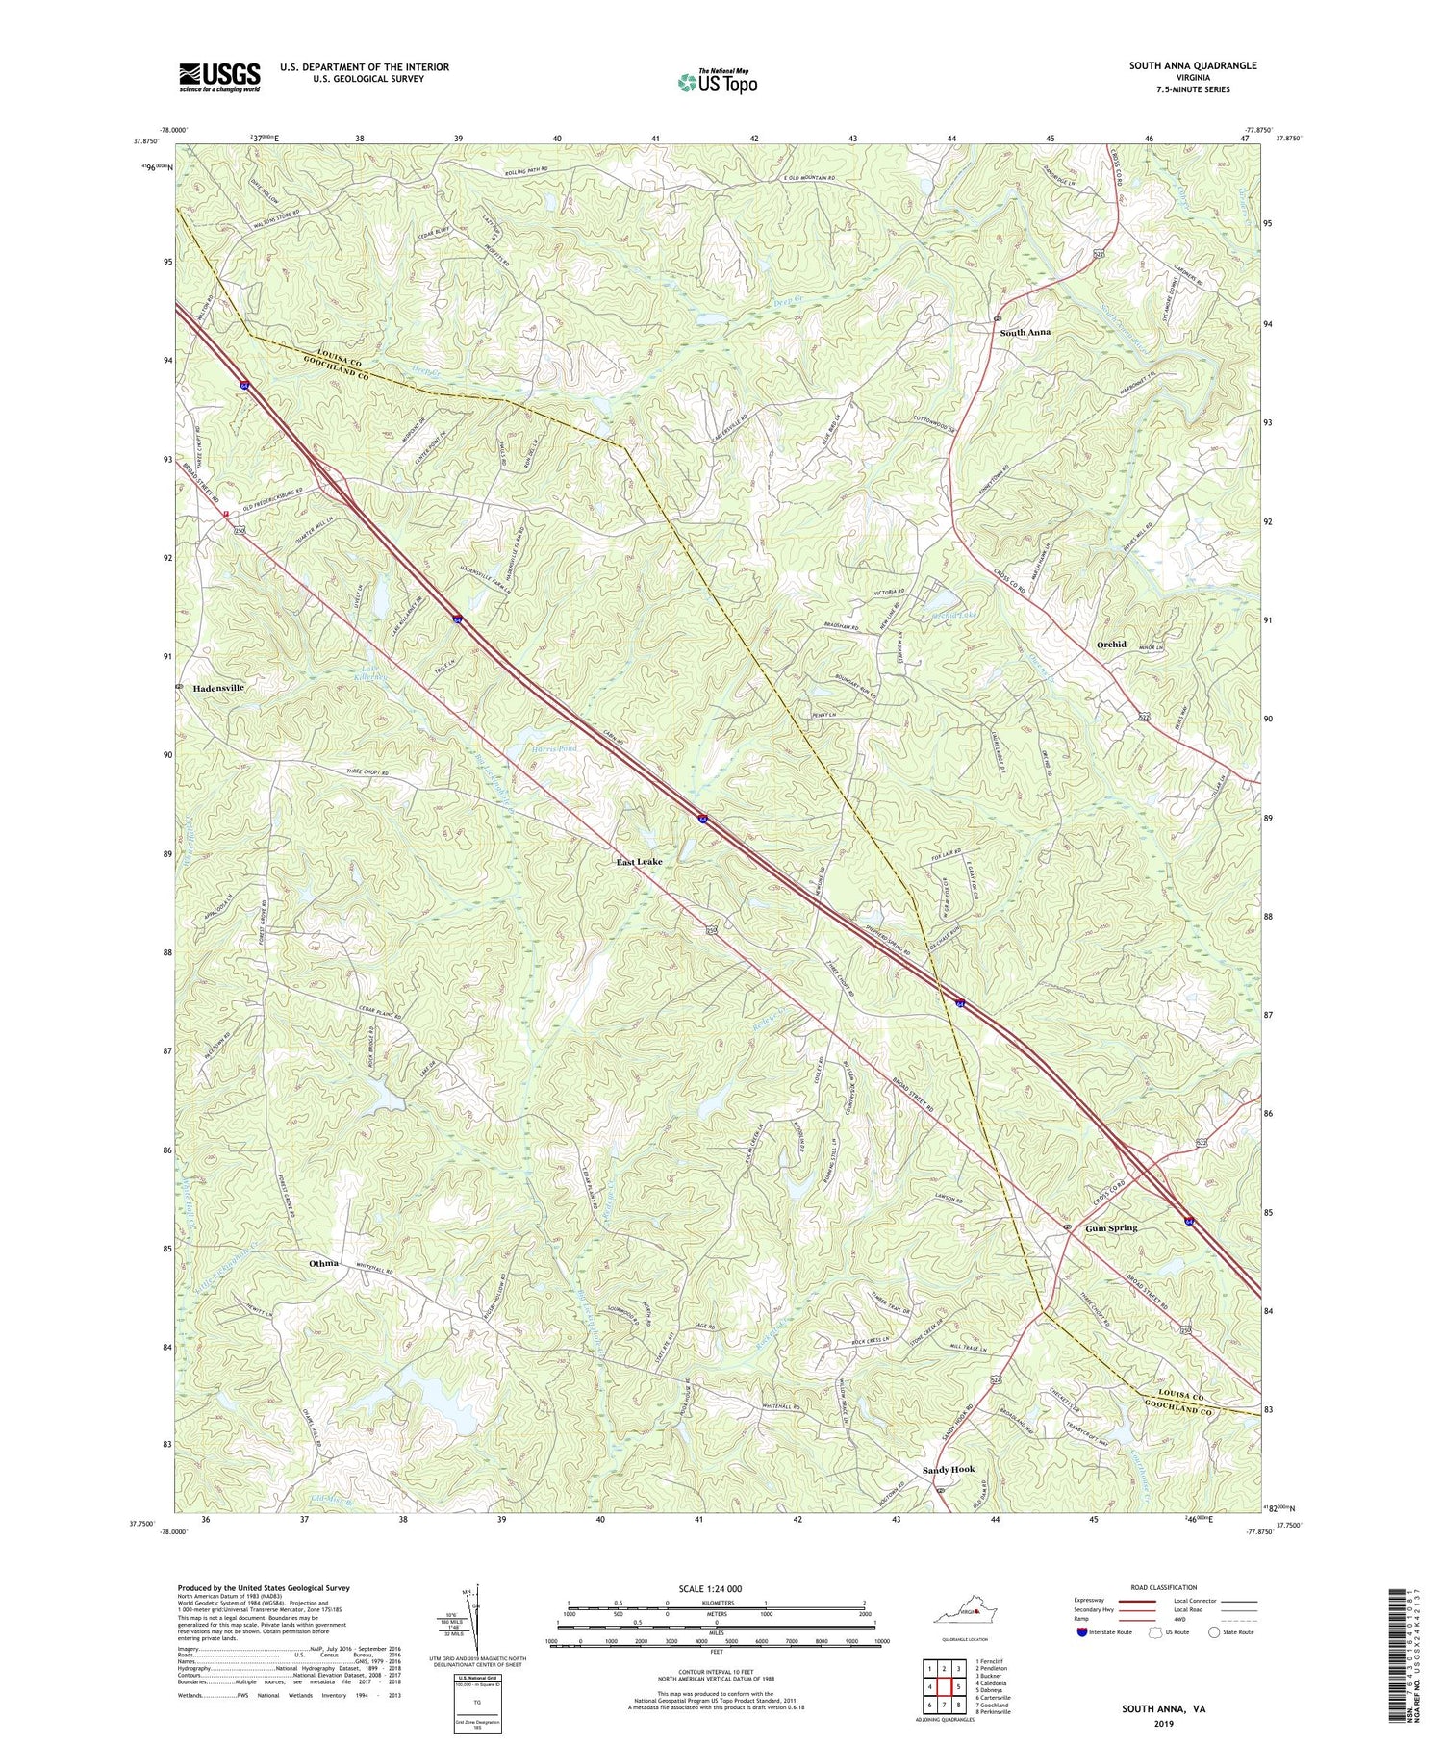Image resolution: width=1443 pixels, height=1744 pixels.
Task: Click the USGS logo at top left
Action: click(x=219, y=77)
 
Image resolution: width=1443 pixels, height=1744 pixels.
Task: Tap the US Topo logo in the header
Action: click(x=717, y=81)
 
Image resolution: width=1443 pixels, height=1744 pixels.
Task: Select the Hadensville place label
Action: click(x=218, y=689)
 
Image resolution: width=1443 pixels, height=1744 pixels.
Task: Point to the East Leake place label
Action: click(x=639, y=863)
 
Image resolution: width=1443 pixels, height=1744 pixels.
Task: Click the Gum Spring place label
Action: click(x=1111, y=1228)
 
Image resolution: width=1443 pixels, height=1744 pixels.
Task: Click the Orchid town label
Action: click(x=1111, y=645)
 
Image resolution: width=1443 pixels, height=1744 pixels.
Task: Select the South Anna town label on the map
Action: click(x=1025, y=332)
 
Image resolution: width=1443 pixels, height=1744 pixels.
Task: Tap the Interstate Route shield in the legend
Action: click(x=1082, y=1632)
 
